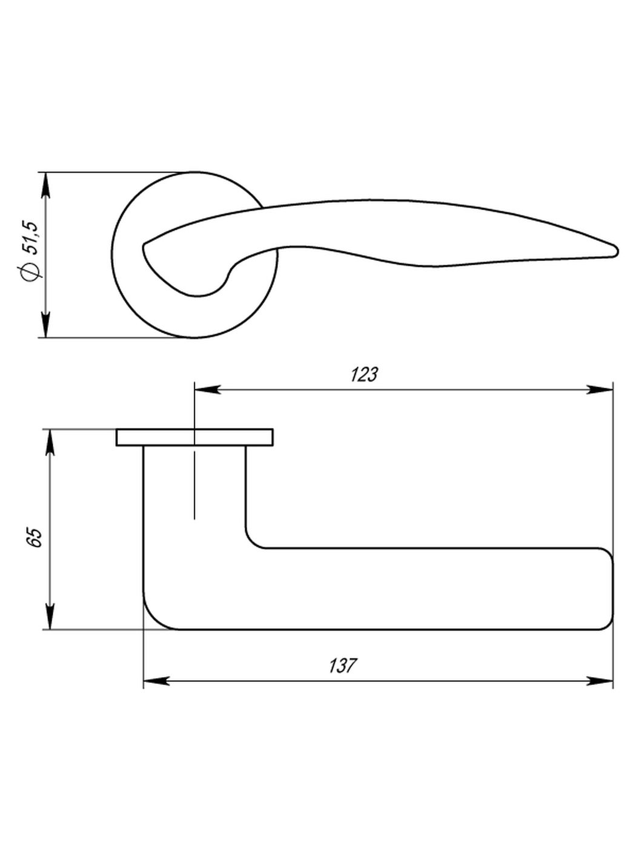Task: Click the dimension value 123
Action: pos(364,375)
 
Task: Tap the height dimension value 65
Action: pos(35,537)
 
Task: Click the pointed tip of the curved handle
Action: pos(615,250)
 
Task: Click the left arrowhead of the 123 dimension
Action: pos(207,389)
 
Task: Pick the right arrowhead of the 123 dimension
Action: pos(600,389)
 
